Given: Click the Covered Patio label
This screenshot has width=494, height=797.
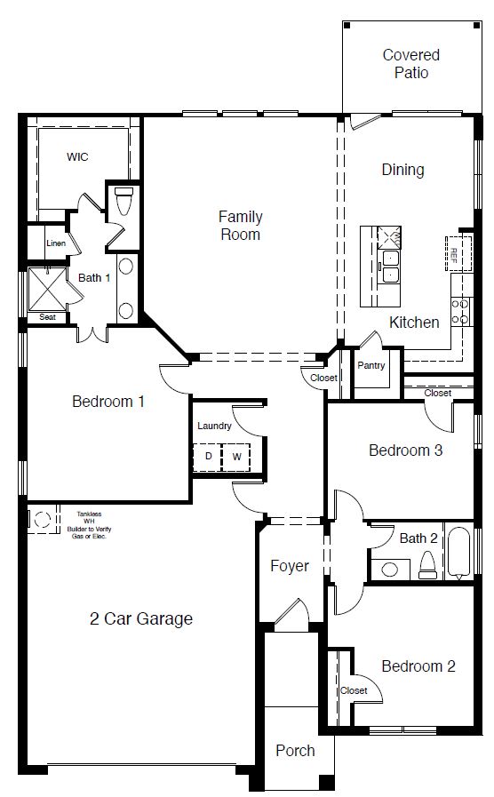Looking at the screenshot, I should pos(404,64).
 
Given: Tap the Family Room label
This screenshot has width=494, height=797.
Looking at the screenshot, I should pos(240,225).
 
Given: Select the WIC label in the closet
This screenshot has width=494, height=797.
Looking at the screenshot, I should pos(77,156).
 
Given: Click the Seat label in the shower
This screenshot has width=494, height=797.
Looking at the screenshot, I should pos(46,317).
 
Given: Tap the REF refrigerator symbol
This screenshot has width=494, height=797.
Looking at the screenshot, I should pos(454,255).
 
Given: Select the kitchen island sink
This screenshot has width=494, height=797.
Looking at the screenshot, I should pos(389,265).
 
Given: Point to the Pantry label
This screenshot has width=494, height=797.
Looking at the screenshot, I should pos(370,365).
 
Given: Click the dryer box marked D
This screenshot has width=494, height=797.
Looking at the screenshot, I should pos(209,457).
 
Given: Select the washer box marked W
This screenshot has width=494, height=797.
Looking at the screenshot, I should pos(236,457).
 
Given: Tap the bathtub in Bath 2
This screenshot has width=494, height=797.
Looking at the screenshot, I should pos(459,554).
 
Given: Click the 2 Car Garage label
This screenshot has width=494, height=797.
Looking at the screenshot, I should pos(141,618).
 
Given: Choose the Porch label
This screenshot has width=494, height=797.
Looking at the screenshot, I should pos(294,751).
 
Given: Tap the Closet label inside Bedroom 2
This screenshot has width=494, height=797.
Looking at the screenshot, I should pos(353,690).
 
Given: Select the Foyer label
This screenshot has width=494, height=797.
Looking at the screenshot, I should pos(290,566).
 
